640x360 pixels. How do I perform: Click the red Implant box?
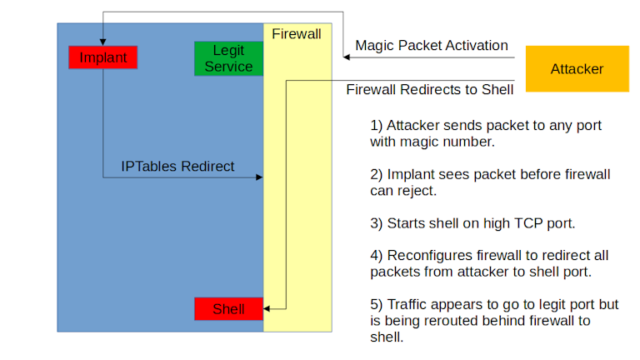click(102, 57)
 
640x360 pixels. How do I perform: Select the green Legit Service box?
click(228, 58)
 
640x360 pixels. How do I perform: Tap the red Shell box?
click(228, 309)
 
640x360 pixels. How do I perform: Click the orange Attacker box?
click(577, 69)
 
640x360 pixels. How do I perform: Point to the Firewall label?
click(297, 35)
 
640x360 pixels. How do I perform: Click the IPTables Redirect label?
click(177, 166)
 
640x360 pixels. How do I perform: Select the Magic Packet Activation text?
click(432, 45)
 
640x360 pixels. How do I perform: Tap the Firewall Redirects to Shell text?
click(429, 88)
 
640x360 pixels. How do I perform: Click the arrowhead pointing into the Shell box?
click(267, 309)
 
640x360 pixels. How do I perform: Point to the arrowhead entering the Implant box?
click(102, 42)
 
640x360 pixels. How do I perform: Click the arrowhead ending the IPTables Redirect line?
click(260, 177)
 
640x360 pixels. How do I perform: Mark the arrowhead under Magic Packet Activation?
click(344, 57)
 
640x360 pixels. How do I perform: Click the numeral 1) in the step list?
click(377, 125)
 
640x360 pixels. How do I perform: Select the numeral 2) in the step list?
click(377, 174)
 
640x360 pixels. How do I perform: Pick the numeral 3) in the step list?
click(377, 223)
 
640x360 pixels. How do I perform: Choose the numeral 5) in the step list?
click(377, 305)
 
